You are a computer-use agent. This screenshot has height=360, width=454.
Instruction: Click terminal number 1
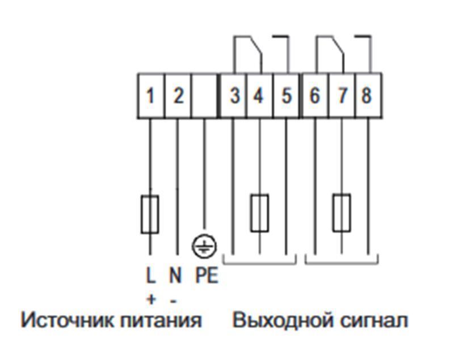(x=150, y=95)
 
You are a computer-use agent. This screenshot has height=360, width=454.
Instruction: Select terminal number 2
(x=178, y=95)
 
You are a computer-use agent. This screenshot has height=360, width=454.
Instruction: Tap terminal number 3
(x=234, y=95)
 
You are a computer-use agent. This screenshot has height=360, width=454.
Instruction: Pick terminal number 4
(x=259, y=95)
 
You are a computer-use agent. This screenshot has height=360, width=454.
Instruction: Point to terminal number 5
(x=286, y=95)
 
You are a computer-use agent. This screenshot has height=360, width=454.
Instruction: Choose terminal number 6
(x=314, y=95)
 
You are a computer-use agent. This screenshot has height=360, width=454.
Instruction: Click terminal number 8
(x=367, y=95)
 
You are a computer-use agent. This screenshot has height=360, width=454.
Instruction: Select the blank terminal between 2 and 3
(x=205, y=95)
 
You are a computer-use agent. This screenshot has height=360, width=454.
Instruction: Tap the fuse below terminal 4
(x=259, y=213)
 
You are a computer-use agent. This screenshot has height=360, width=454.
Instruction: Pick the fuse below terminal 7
(x=342, y=213)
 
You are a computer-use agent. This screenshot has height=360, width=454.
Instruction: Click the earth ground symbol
(x=204, y=245)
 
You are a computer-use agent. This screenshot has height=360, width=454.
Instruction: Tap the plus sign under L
(x=150, y=298)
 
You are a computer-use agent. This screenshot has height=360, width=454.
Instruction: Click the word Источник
(x=68, y=320)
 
